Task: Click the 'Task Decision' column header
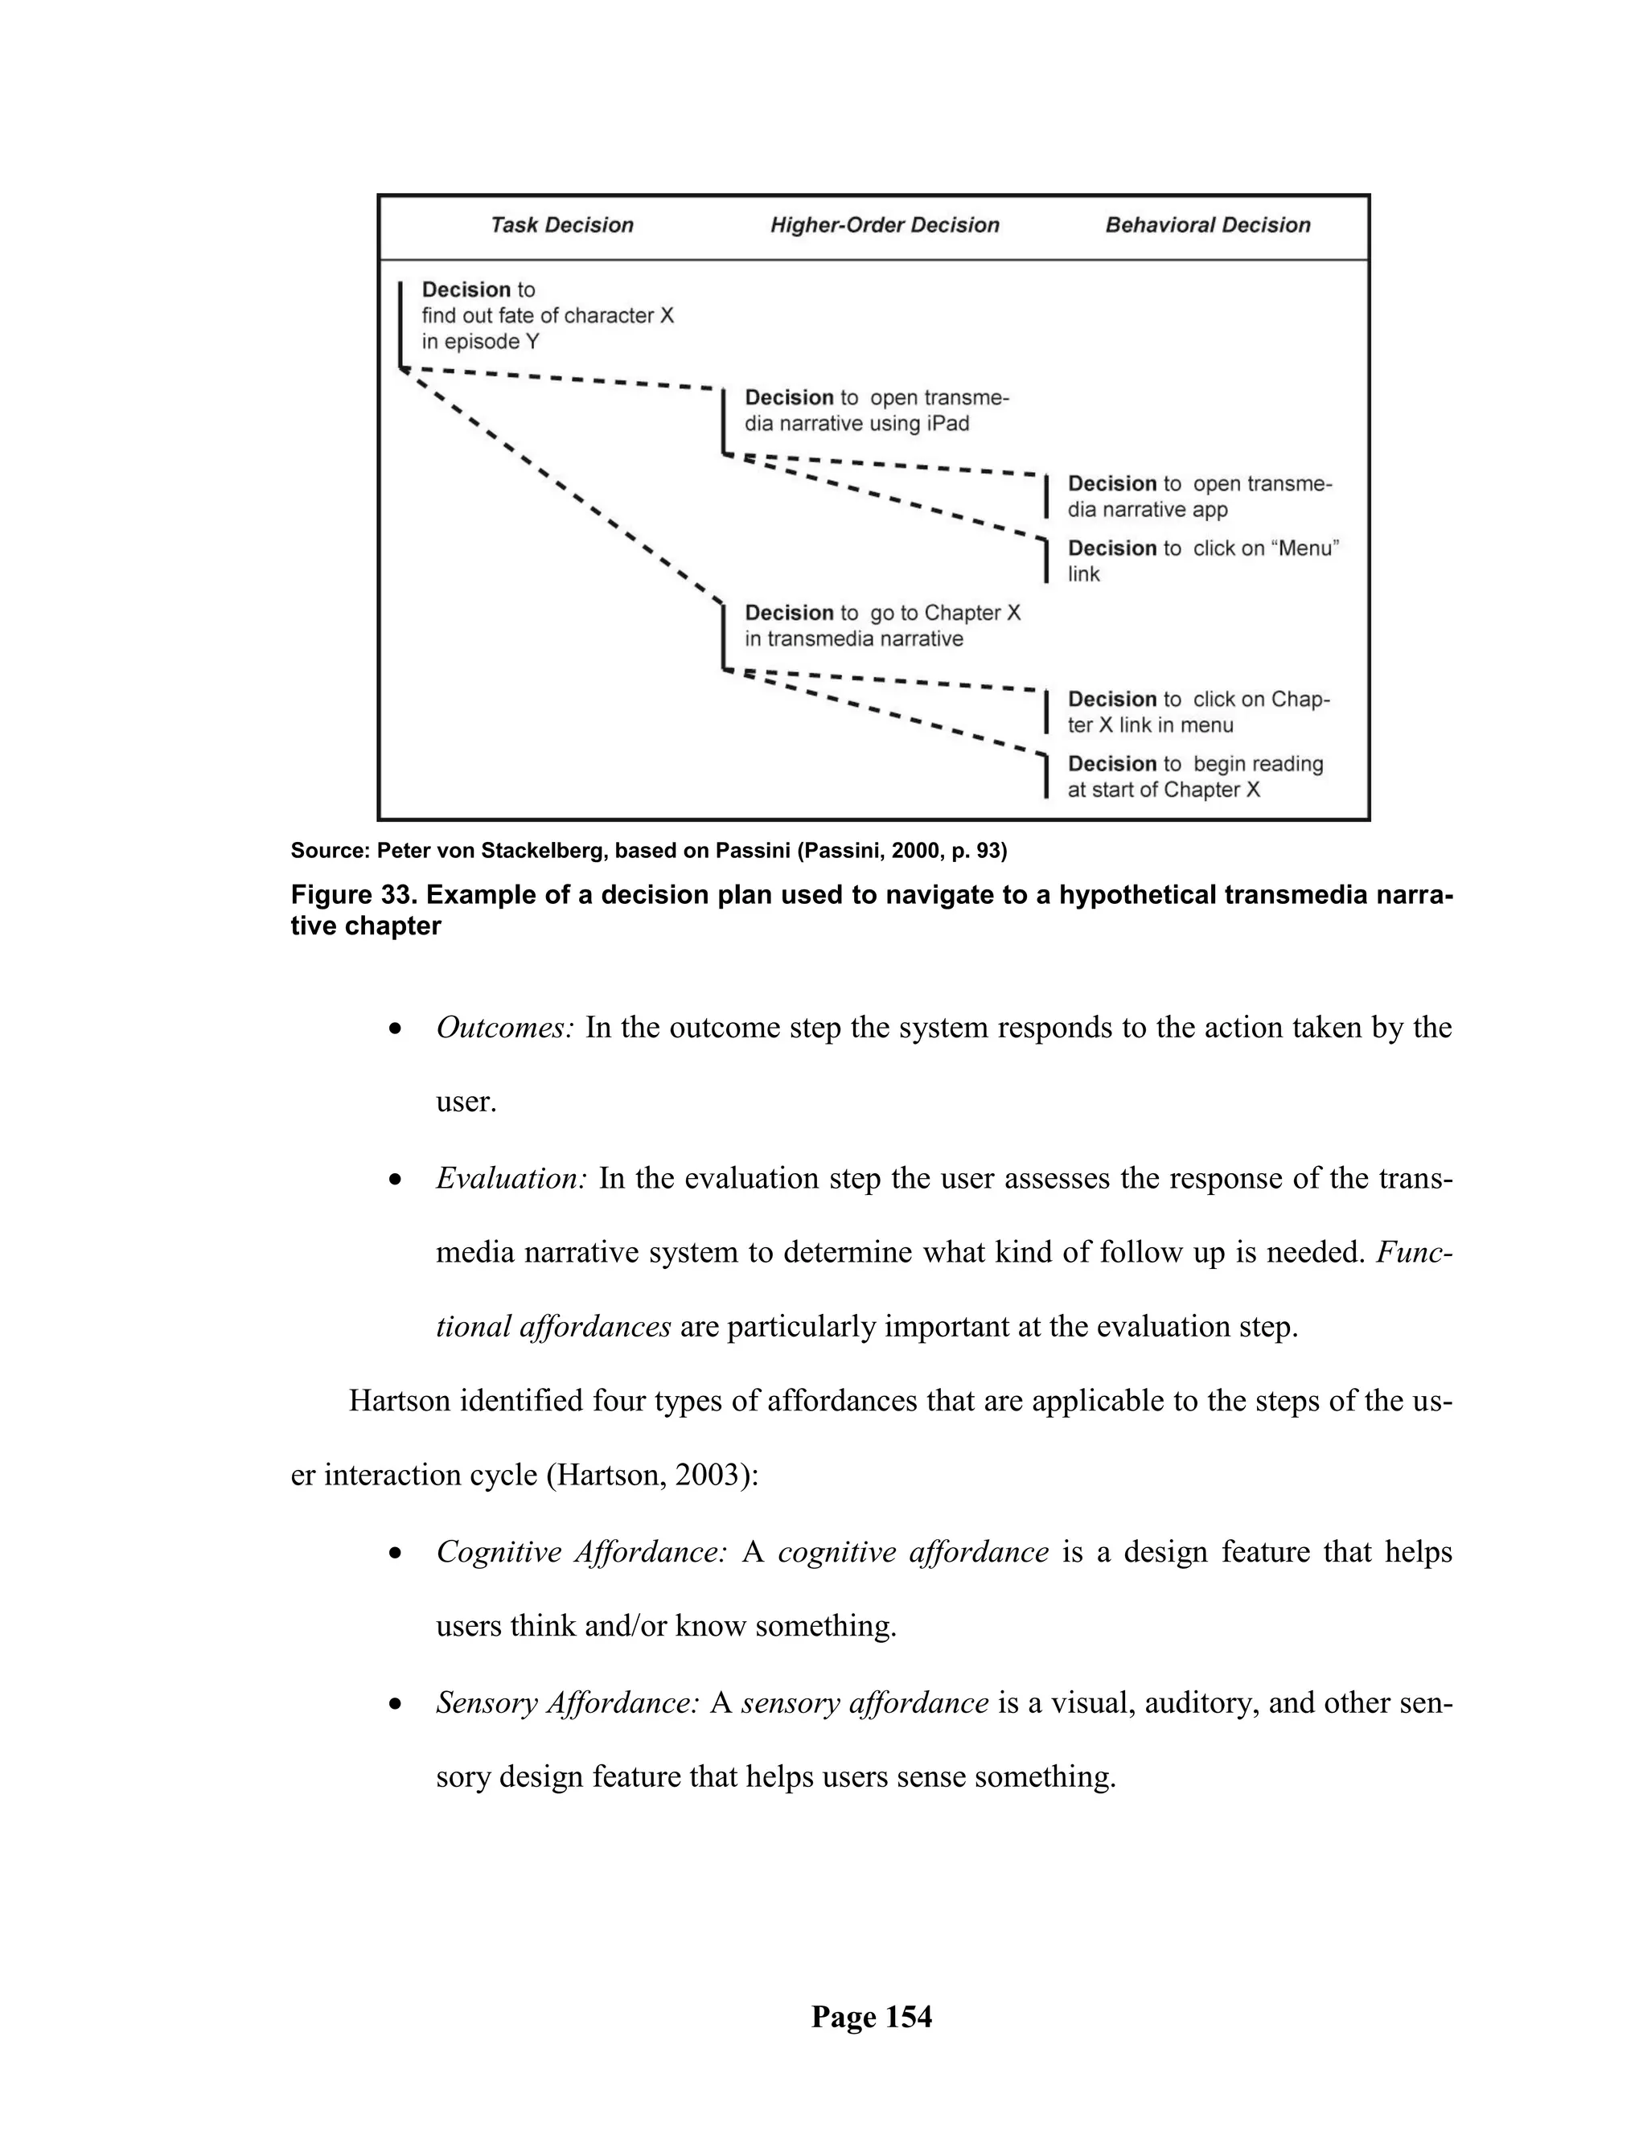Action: [x=561, y=225]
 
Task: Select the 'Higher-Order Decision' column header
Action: [x=884, y=225]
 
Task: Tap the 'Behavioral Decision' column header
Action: [x=1207, y=225]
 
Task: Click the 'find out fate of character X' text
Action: [x=548, y=315]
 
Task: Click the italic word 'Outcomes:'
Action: [x=504, y=1028]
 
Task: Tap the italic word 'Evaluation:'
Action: [x=511, y=1179]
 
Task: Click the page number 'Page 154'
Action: [x=871, y=2017]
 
